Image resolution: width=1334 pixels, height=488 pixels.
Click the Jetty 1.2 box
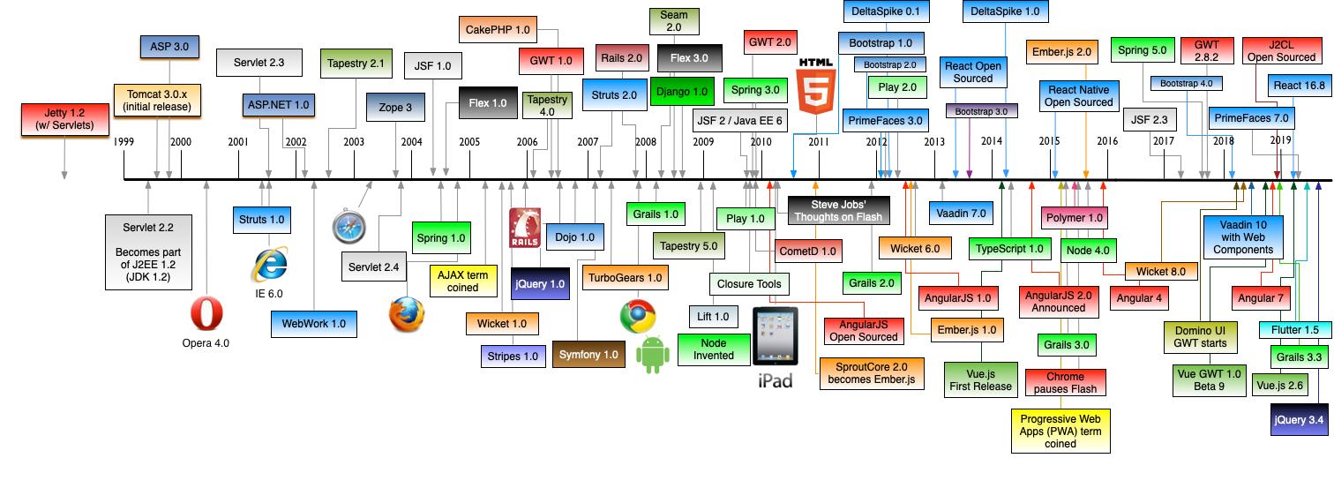(64, 118)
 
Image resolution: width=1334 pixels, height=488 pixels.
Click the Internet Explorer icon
(269, 265)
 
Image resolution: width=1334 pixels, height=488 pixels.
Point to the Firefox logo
(407, 314)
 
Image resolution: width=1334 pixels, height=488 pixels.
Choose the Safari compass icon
(348, 226)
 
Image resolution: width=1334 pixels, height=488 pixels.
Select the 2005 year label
(469, 142)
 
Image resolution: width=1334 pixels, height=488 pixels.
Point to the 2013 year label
(934, 142)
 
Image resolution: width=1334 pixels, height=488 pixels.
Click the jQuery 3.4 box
(1299, 420)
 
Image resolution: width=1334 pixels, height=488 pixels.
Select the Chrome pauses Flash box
(1065, 383)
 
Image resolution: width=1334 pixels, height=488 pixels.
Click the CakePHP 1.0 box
(498, 30)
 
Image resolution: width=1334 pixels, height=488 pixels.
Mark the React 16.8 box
(1299, 86)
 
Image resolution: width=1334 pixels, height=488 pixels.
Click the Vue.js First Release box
(980, 379)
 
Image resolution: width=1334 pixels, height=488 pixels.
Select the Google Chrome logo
(637, 316)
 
